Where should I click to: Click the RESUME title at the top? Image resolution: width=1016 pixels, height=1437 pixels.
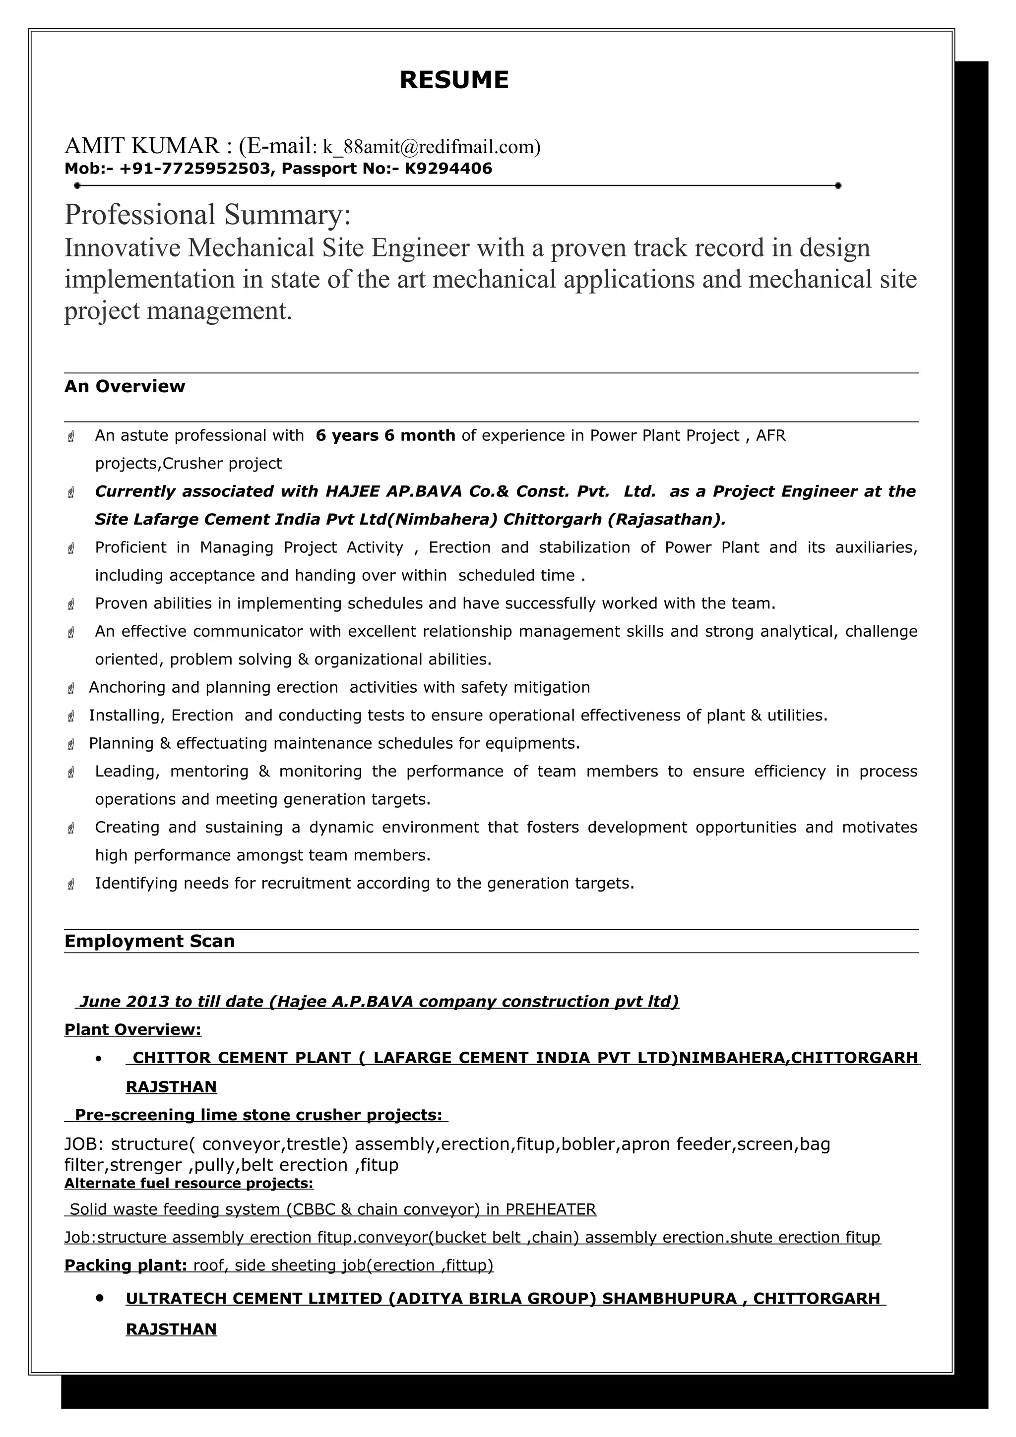coord(454,80)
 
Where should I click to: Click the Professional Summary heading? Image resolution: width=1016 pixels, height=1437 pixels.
coord(207,215)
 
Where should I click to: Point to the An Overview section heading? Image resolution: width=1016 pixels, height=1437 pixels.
coord(125,386)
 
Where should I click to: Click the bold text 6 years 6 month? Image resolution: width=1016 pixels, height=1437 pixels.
coord(385,435)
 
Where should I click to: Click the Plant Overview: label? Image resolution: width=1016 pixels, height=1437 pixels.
coord(133,1029)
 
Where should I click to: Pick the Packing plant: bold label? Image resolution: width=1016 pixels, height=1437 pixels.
coord(125,1265)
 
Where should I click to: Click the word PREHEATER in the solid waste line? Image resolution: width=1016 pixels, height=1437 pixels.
coord(550,1209)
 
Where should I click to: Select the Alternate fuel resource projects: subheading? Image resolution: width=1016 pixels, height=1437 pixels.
coord(189,1183)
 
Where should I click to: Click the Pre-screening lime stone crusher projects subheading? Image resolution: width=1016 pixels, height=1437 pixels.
coord(258,1115)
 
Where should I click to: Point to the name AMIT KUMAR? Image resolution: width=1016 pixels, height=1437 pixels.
coord(142,146)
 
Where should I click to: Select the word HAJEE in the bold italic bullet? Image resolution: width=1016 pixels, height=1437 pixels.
coord(352,491)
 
